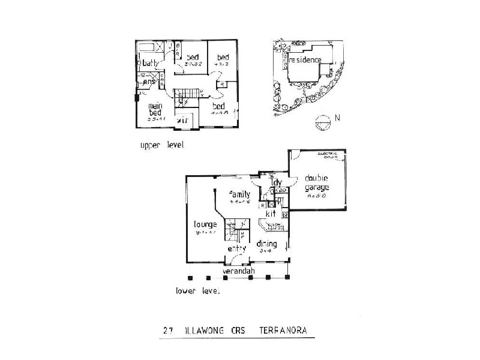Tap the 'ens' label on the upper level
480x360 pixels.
pyautogui.click(x=149, y=82)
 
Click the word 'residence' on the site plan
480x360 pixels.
pyautogui.click(x=305, y=59)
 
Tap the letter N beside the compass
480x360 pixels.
pyautogui.click(x=338, y=118)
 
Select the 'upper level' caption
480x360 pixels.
pyautogui.click(x=161, y=146)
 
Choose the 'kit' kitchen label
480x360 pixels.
pyautogui.click(x=271, y=213)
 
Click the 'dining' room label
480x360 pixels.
pyautogui.click(x=266, y=244)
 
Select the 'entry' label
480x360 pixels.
pyautogui.click(x=237, y=248)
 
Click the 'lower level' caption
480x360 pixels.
pyautogui.click(x=198, y=291)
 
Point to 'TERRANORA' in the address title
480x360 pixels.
pyautogui.click(x=285, y=330)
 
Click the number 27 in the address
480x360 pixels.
pyautogui.click(x=170, y=330)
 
